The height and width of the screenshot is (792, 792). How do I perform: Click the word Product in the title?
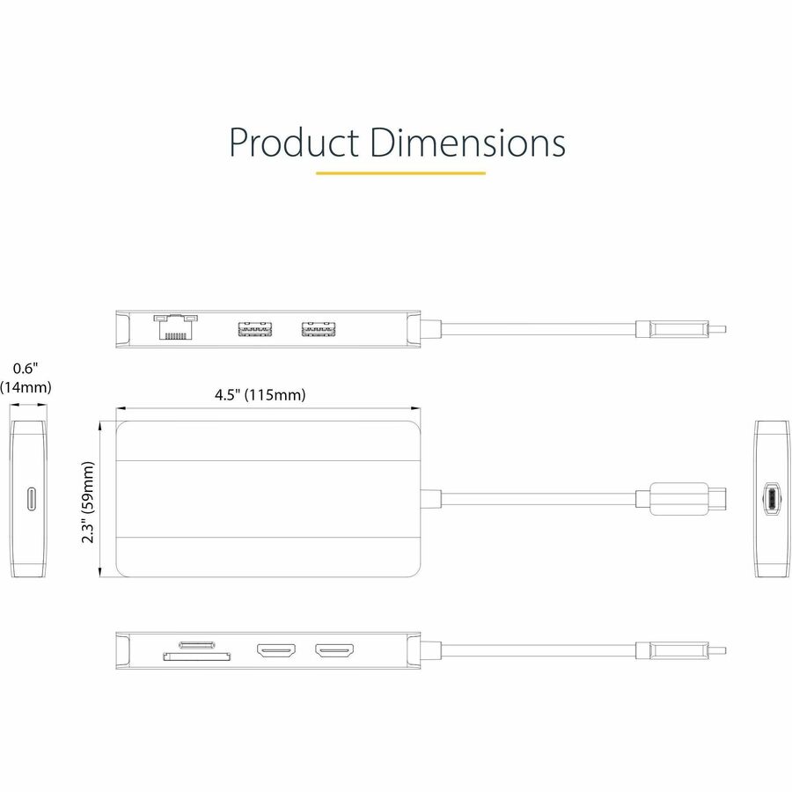[294, 142]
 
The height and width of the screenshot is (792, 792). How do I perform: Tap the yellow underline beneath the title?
[400, 172]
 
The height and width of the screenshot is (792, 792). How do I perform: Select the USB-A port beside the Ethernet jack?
[253, 331]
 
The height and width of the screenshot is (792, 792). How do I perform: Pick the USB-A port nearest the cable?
[319, 331]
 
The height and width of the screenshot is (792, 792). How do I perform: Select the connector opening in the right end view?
[771, 499]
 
